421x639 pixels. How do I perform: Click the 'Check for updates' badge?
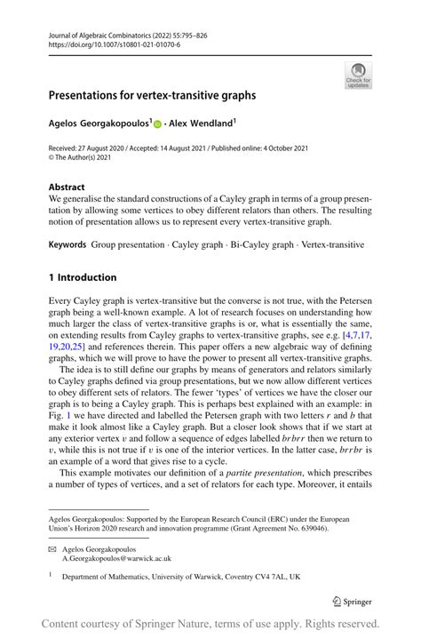coord(358,75)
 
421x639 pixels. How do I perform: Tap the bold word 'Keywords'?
coord(68,243)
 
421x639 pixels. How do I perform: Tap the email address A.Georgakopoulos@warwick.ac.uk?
coord(116,558)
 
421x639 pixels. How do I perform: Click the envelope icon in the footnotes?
coord(52,548)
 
